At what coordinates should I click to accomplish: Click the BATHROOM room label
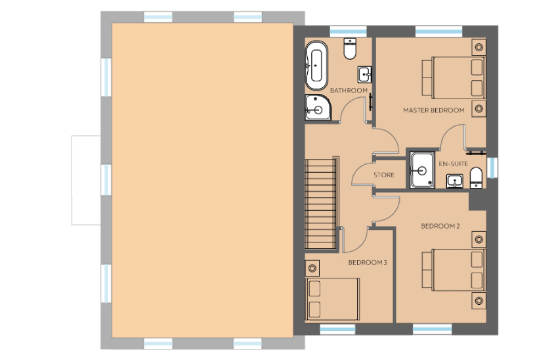[349, 91]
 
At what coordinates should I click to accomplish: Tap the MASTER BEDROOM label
[433, 110]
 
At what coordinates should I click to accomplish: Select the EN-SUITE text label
[454, 164]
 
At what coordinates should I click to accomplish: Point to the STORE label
[384, 175]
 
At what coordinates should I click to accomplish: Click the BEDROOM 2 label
[440, 226]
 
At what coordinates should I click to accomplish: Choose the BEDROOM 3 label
[368, 262]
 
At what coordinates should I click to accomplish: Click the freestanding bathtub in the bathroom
[316, 66]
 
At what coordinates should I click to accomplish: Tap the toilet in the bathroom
[350, 49]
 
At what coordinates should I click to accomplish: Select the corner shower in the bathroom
[318, 108]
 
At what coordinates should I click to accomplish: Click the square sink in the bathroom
[364, 74]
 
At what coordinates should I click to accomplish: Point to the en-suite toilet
[476, 177]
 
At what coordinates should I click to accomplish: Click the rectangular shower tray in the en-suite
[422, 170]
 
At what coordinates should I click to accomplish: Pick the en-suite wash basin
[455, 181]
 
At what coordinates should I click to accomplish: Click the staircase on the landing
[320, 204]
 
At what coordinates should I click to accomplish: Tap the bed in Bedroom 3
[333, 300]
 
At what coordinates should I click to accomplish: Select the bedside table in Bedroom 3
[312, 269]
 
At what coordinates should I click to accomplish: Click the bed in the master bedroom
[454, 77]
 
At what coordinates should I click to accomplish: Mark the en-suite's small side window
[492, 168]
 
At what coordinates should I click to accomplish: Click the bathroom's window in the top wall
[348, 32]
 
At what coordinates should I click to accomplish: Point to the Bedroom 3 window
[337, 330]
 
